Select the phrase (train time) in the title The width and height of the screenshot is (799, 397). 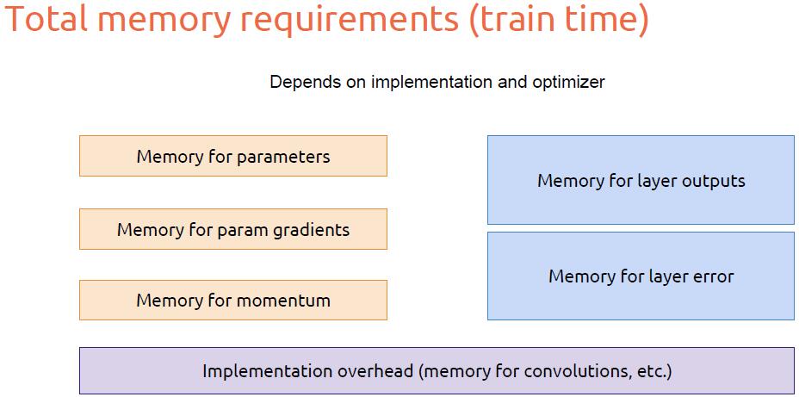559,22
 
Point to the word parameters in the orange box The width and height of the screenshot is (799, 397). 283,157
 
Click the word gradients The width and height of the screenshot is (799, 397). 307,230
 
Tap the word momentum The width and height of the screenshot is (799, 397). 283,301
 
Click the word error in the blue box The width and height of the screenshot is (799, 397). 711,276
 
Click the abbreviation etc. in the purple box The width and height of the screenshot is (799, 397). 653,371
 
